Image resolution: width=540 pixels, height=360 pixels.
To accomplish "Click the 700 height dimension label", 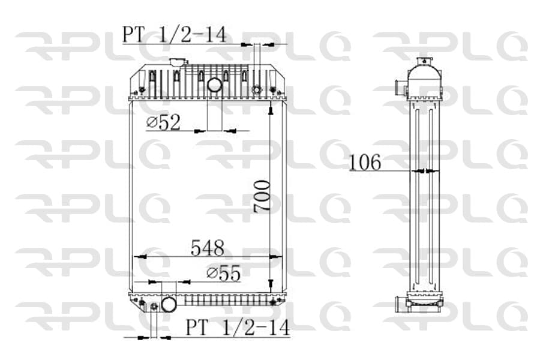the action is [x=262, y=196].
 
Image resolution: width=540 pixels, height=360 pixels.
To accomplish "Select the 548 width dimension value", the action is [x=208, y=248].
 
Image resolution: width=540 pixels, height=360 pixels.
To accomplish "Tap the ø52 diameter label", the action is [x=163, y=122].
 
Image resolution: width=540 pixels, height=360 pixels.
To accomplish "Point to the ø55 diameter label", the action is [x=224, y=274].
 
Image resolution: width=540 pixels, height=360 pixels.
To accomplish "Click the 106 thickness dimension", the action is [x=365, y=162].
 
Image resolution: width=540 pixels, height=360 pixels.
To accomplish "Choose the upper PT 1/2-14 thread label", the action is [x=175, y=34].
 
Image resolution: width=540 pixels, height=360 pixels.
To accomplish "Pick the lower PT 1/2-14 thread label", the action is [x=238, y=327].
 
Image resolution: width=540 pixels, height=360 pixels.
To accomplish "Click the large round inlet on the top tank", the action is [x=214, y=85].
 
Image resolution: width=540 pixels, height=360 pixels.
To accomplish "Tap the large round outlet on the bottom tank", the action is [x=169, y=304].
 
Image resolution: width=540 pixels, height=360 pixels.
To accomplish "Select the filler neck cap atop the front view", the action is [x=178, y=62].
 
